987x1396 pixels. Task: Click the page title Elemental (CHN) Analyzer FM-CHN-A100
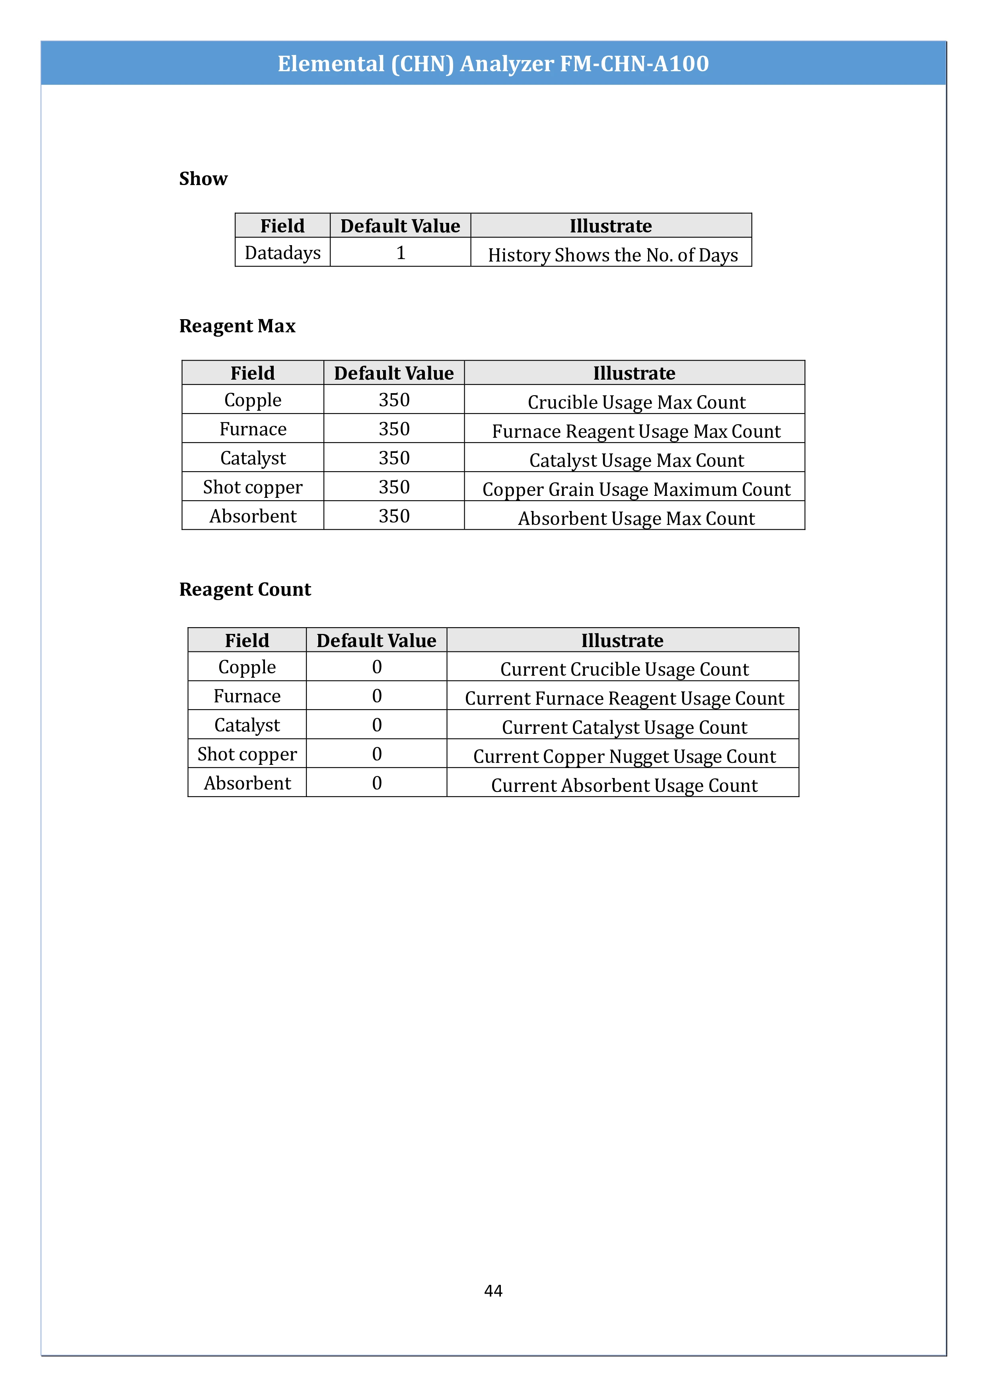493,64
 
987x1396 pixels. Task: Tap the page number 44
493,1290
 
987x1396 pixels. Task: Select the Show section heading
203,179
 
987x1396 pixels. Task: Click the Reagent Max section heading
237,326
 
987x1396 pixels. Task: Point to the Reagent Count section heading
245,589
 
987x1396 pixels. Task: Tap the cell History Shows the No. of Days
613,255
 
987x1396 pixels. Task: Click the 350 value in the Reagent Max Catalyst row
394,458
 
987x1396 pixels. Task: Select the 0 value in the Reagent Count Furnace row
377,696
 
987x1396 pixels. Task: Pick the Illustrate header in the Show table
610,226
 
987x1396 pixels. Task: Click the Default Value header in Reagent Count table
376,640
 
